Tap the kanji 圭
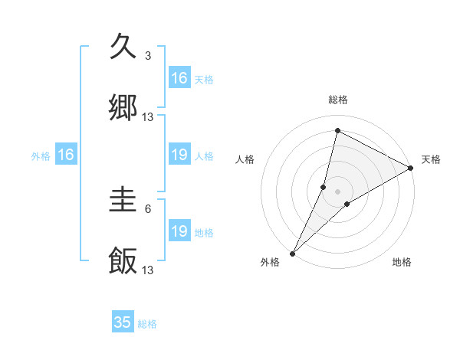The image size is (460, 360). (123, 201)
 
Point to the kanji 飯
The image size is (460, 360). (123, 261)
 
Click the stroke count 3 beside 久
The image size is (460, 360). (148, 56)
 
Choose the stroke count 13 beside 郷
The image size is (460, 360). (148, 117)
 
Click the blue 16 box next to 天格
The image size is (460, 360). (179, 78)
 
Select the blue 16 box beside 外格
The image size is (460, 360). (66, 155)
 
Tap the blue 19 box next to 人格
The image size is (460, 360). (179, 155)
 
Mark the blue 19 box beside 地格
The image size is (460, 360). (179, 232)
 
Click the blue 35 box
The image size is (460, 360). (123, 322)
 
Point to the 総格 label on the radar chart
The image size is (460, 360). (338, 100)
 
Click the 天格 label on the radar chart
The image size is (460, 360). (431, 159)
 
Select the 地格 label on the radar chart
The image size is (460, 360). (402, 262)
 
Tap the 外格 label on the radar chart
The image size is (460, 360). (271, 262)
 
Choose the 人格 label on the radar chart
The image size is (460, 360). (245, 159)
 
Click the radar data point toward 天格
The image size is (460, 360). (411, 169)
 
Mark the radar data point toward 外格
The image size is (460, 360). (292, 253)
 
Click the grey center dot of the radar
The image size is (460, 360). (338, 191)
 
